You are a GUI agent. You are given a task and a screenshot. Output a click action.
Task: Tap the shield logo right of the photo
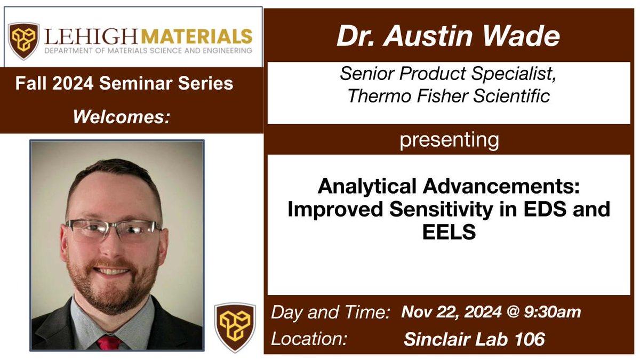coord(235,327)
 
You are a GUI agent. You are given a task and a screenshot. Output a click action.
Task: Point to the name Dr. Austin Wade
coord(448,36)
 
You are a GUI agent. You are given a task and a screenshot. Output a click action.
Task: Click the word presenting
coord(449,140)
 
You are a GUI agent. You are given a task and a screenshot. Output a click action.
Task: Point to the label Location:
coord(306,338)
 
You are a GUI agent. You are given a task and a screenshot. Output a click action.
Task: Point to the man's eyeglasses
coord(114,230)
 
